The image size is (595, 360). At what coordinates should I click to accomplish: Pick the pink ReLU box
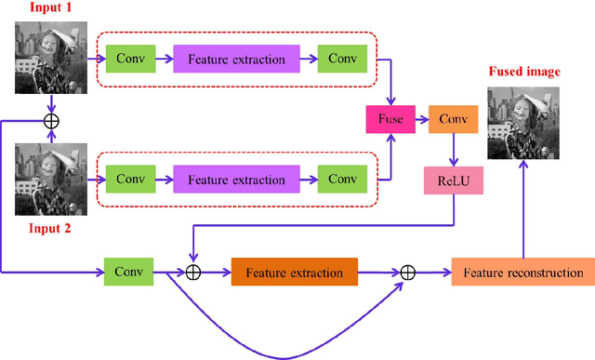tap(453, 180)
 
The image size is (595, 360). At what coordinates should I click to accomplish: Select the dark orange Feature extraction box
tap(294, 273)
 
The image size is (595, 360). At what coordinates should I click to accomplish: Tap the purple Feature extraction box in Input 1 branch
tap(236, 60)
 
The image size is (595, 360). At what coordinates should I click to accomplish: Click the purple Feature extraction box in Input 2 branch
tap(236, 179)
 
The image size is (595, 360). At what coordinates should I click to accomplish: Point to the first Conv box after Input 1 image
tap(131, 60)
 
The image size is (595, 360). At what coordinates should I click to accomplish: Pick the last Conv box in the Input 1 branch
tap(341, 60)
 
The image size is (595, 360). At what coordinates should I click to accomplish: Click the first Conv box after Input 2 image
tap(131, 179)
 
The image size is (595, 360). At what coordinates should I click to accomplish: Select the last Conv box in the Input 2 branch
tap(341, 179)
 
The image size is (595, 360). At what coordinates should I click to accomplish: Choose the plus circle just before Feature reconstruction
tap(407, 273)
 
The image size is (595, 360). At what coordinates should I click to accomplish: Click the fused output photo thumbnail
tap(523, 124)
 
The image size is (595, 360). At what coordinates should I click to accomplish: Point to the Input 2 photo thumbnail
tap(52, 179)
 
